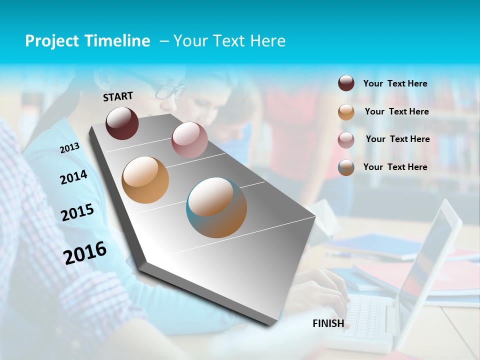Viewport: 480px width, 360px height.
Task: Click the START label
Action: click(x=118, y=96)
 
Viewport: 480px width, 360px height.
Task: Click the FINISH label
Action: click(x=328, y=323)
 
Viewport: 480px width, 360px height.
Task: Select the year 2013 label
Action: click(x=69, y=148)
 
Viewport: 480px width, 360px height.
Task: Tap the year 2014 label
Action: click(x=73, y=177)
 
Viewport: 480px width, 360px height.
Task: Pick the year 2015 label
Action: click(x=77, y=212)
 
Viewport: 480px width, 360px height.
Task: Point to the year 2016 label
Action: click(x=85, y=252)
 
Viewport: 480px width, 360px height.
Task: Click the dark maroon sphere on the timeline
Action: click(x=122, y=123)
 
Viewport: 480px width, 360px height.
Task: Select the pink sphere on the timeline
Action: click(x=189, y=140)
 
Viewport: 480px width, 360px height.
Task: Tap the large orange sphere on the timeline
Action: click(x=145, y=180)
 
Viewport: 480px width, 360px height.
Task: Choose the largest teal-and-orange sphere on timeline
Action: click(x=216, y=207)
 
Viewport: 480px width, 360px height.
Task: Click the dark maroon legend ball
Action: click(x=346, y=83)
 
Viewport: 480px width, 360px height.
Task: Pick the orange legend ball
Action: click(x=346, y=111)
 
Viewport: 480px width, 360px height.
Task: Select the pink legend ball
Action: click(x=346, y=139)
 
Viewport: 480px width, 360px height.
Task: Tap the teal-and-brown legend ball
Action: click(x=346, y=167)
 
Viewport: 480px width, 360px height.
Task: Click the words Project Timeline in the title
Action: click(x=87, y=41)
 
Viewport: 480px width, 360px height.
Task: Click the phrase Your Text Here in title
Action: click(x=229, y=41)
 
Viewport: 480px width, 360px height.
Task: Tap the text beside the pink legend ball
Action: click(x=397, y=139)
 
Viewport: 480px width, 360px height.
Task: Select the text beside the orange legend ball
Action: click(x=396, y=111)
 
